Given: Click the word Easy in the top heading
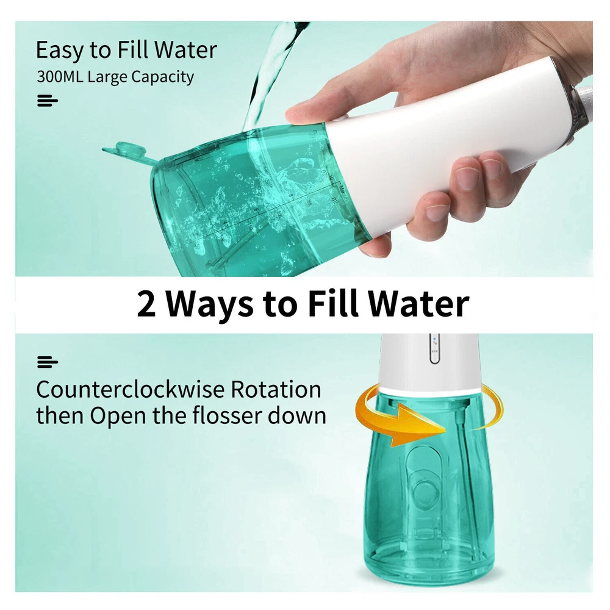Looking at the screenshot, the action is point(60,51).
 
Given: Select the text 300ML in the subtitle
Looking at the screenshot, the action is point(60,76).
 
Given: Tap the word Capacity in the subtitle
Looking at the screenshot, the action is point(162,77).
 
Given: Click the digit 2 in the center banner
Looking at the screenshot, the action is point(146,304).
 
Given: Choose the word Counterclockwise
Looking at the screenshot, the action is point(131,389).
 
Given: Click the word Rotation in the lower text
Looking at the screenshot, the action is point(276,389).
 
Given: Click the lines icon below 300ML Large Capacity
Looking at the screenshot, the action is point(48,101).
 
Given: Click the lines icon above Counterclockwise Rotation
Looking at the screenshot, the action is point(48,362).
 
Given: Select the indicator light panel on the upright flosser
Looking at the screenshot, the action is point(434,348).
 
